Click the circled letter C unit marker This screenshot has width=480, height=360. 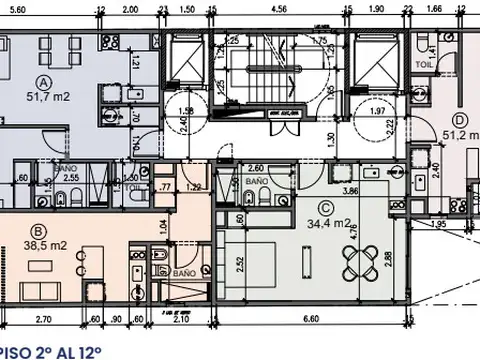pos(323,208)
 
